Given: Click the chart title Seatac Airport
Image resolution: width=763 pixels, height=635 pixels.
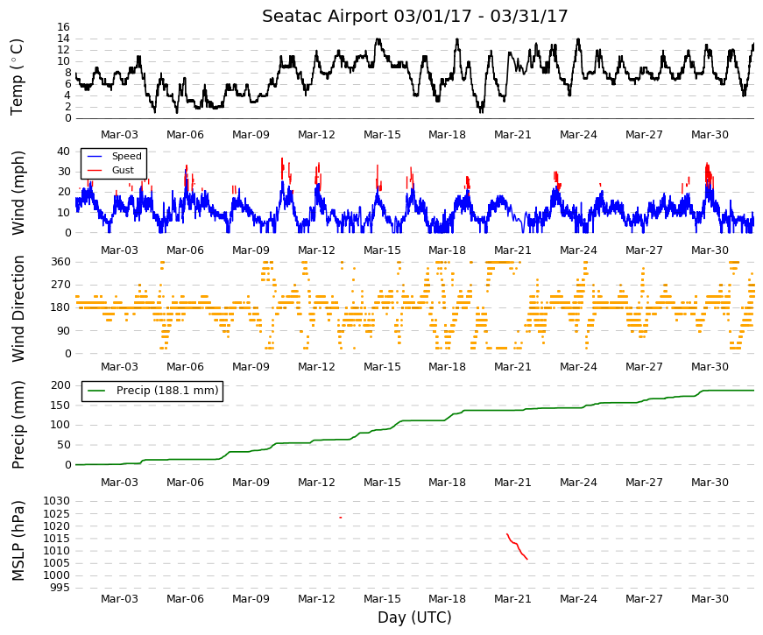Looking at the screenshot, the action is point(325,16).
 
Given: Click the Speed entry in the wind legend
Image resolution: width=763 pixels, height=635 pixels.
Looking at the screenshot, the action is point(126,156).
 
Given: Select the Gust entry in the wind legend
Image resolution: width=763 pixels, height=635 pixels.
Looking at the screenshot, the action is point(123,170).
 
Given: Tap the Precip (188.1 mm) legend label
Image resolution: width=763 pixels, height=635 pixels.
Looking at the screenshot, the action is point(167,391).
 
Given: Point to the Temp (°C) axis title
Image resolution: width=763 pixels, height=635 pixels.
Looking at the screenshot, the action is point(17,77).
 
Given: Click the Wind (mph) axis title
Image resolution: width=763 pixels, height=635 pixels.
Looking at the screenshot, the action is point(18,194).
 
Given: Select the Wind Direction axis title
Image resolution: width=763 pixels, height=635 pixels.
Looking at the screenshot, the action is point(18,308).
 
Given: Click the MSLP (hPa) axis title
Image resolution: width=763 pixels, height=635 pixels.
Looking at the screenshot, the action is point(18,540).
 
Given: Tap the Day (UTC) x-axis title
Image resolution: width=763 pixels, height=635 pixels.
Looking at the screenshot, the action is point(414,617).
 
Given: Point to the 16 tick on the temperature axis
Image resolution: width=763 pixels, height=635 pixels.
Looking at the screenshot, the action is point(64,27).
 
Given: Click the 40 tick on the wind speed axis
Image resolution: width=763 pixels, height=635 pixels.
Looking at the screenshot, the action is point(64,152).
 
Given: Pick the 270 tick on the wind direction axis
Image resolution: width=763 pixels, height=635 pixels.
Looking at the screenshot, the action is point(60,285).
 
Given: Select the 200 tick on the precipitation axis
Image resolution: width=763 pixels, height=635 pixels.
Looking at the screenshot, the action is point(60,385).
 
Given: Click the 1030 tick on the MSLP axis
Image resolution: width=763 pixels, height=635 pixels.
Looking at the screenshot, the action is point(56,501).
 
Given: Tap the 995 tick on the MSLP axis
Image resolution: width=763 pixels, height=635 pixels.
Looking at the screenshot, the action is point(60,588).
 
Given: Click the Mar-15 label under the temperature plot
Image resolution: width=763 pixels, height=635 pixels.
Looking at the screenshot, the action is point(382,135).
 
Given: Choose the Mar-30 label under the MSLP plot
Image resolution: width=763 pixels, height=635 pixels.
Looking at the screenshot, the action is point(710,599).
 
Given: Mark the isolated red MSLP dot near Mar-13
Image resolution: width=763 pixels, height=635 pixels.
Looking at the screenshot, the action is point(341,518).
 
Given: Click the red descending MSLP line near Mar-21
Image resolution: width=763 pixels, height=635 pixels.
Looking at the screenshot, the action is point(517,546).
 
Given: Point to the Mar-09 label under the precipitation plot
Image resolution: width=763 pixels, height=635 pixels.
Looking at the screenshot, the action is point(251,483).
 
